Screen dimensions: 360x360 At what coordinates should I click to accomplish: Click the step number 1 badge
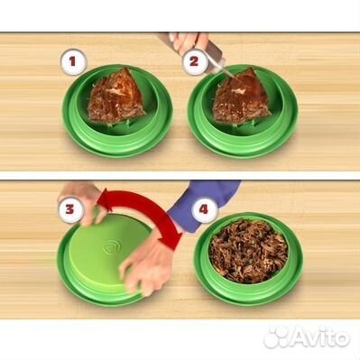pos(73,61)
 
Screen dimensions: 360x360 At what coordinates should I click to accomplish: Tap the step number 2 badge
pos(195,61)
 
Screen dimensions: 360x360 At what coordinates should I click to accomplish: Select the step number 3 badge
pos(69,209)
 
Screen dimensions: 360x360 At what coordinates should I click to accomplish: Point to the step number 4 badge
pos(204,209)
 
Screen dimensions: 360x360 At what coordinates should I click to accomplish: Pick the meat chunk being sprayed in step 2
pos(242,96)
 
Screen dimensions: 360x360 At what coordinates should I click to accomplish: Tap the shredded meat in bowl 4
pos(248,252)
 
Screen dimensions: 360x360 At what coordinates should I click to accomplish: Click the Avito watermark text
pos(320,337)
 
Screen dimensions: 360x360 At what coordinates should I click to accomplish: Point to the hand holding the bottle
pos(188,42)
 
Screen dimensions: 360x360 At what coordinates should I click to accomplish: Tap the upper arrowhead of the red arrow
pos(104,199)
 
